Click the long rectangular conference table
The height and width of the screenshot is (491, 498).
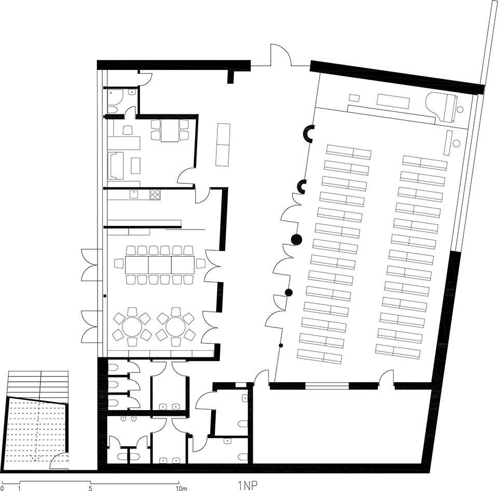click(160, 265)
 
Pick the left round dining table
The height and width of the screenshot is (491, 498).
click(132, 326)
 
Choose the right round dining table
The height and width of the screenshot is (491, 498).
click(175, 326)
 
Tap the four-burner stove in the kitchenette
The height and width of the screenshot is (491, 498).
click(155, 195)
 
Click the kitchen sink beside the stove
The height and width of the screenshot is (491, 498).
click(134, 194)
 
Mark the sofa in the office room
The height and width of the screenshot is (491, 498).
click(116, 165)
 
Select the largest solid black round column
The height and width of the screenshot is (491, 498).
click(296, 239)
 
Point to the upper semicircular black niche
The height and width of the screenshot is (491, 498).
click(309, 134)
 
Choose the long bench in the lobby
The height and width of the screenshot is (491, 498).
click(223, 144)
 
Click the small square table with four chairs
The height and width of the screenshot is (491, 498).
click(169, 131)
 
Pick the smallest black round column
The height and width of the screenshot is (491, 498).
click(281, 345)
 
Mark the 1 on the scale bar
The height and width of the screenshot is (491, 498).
click(19, 488)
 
